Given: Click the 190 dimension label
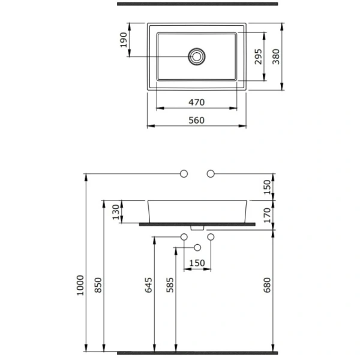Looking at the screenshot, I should pos(124,40).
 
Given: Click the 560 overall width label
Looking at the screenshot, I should pos(197,120).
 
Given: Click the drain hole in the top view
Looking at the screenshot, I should pos(197,56).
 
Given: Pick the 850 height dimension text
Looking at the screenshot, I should pos(98,285).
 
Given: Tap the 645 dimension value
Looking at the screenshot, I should pos(149,285).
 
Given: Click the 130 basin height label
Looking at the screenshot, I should pos(116,212).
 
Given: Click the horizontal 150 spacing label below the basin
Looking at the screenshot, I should pos(197,263).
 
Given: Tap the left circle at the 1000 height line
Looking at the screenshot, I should pos(184,174).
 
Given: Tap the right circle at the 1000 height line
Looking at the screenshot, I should pos(211,174).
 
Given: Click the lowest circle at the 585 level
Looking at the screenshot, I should pos(197,248).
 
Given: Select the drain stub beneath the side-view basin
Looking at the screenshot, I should pos(197,228).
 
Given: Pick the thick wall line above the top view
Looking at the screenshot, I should pos(197,4).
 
